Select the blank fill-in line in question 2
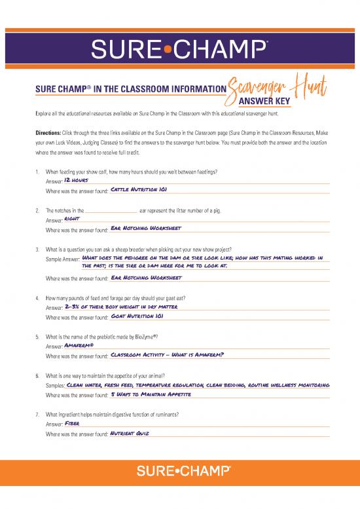(x=111, y=212)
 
